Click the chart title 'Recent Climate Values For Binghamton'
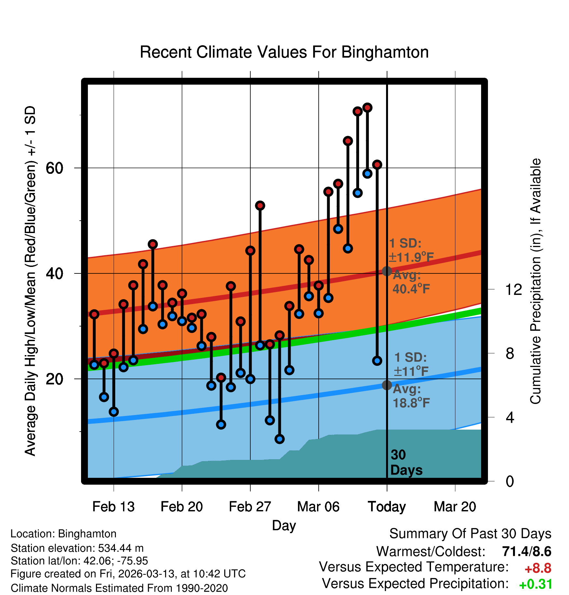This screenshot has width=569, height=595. pyautogui.click(x=284, y=52)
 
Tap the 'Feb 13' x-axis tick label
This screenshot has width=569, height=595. pyautogui.click(x=113, y=507)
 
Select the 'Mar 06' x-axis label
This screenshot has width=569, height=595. pyautogui.click(x=318, y=507)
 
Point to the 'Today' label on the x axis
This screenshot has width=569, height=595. pyautogui.click(x=387, y=507)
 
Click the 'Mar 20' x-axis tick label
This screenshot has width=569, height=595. pyautogui.click(x=455, y=507)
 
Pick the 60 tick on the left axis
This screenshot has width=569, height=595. pyautogui.click(x=54, y=168)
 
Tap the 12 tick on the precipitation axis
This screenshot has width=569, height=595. pyautogui.click(x=513, y=289)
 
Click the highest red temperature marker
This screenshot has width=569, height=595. pyautogui.click(x=367, y=107)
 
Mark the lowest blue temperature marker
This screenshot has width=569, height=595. pyautogui.click(x=279, y=439)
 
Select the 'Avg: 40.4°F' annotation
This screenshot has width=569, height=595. pyautogui.click(x=411, y=282)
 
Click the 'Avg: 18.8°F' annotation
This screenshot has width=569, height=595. pyautogui.click(x=411, y=396)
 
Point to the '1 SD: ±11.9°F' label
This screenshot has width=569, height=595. pyautogui.click(x=411, y=250)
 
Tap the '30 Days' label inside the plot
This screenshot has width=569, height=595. pyautogui.click(x=406, y=463)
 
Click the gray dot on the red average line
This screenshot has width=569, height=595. pyautogui.click(x=387, y=271)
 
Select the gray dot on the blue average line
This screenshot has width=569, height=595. pyautogui.click(x=387, y=385)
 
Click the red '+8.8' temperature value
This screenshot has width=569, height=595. pyautogui.click(x=538, y=568)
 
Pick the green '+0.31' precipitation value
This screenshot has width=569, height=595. pyautogui.click(x=535, y=584)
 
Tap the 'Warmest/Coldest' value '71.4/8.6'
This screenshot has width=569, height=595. pyautogui.click(x=526, y=551)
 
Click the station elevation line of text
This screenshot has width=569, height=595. pyautogui.click(x=77, y=548)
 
